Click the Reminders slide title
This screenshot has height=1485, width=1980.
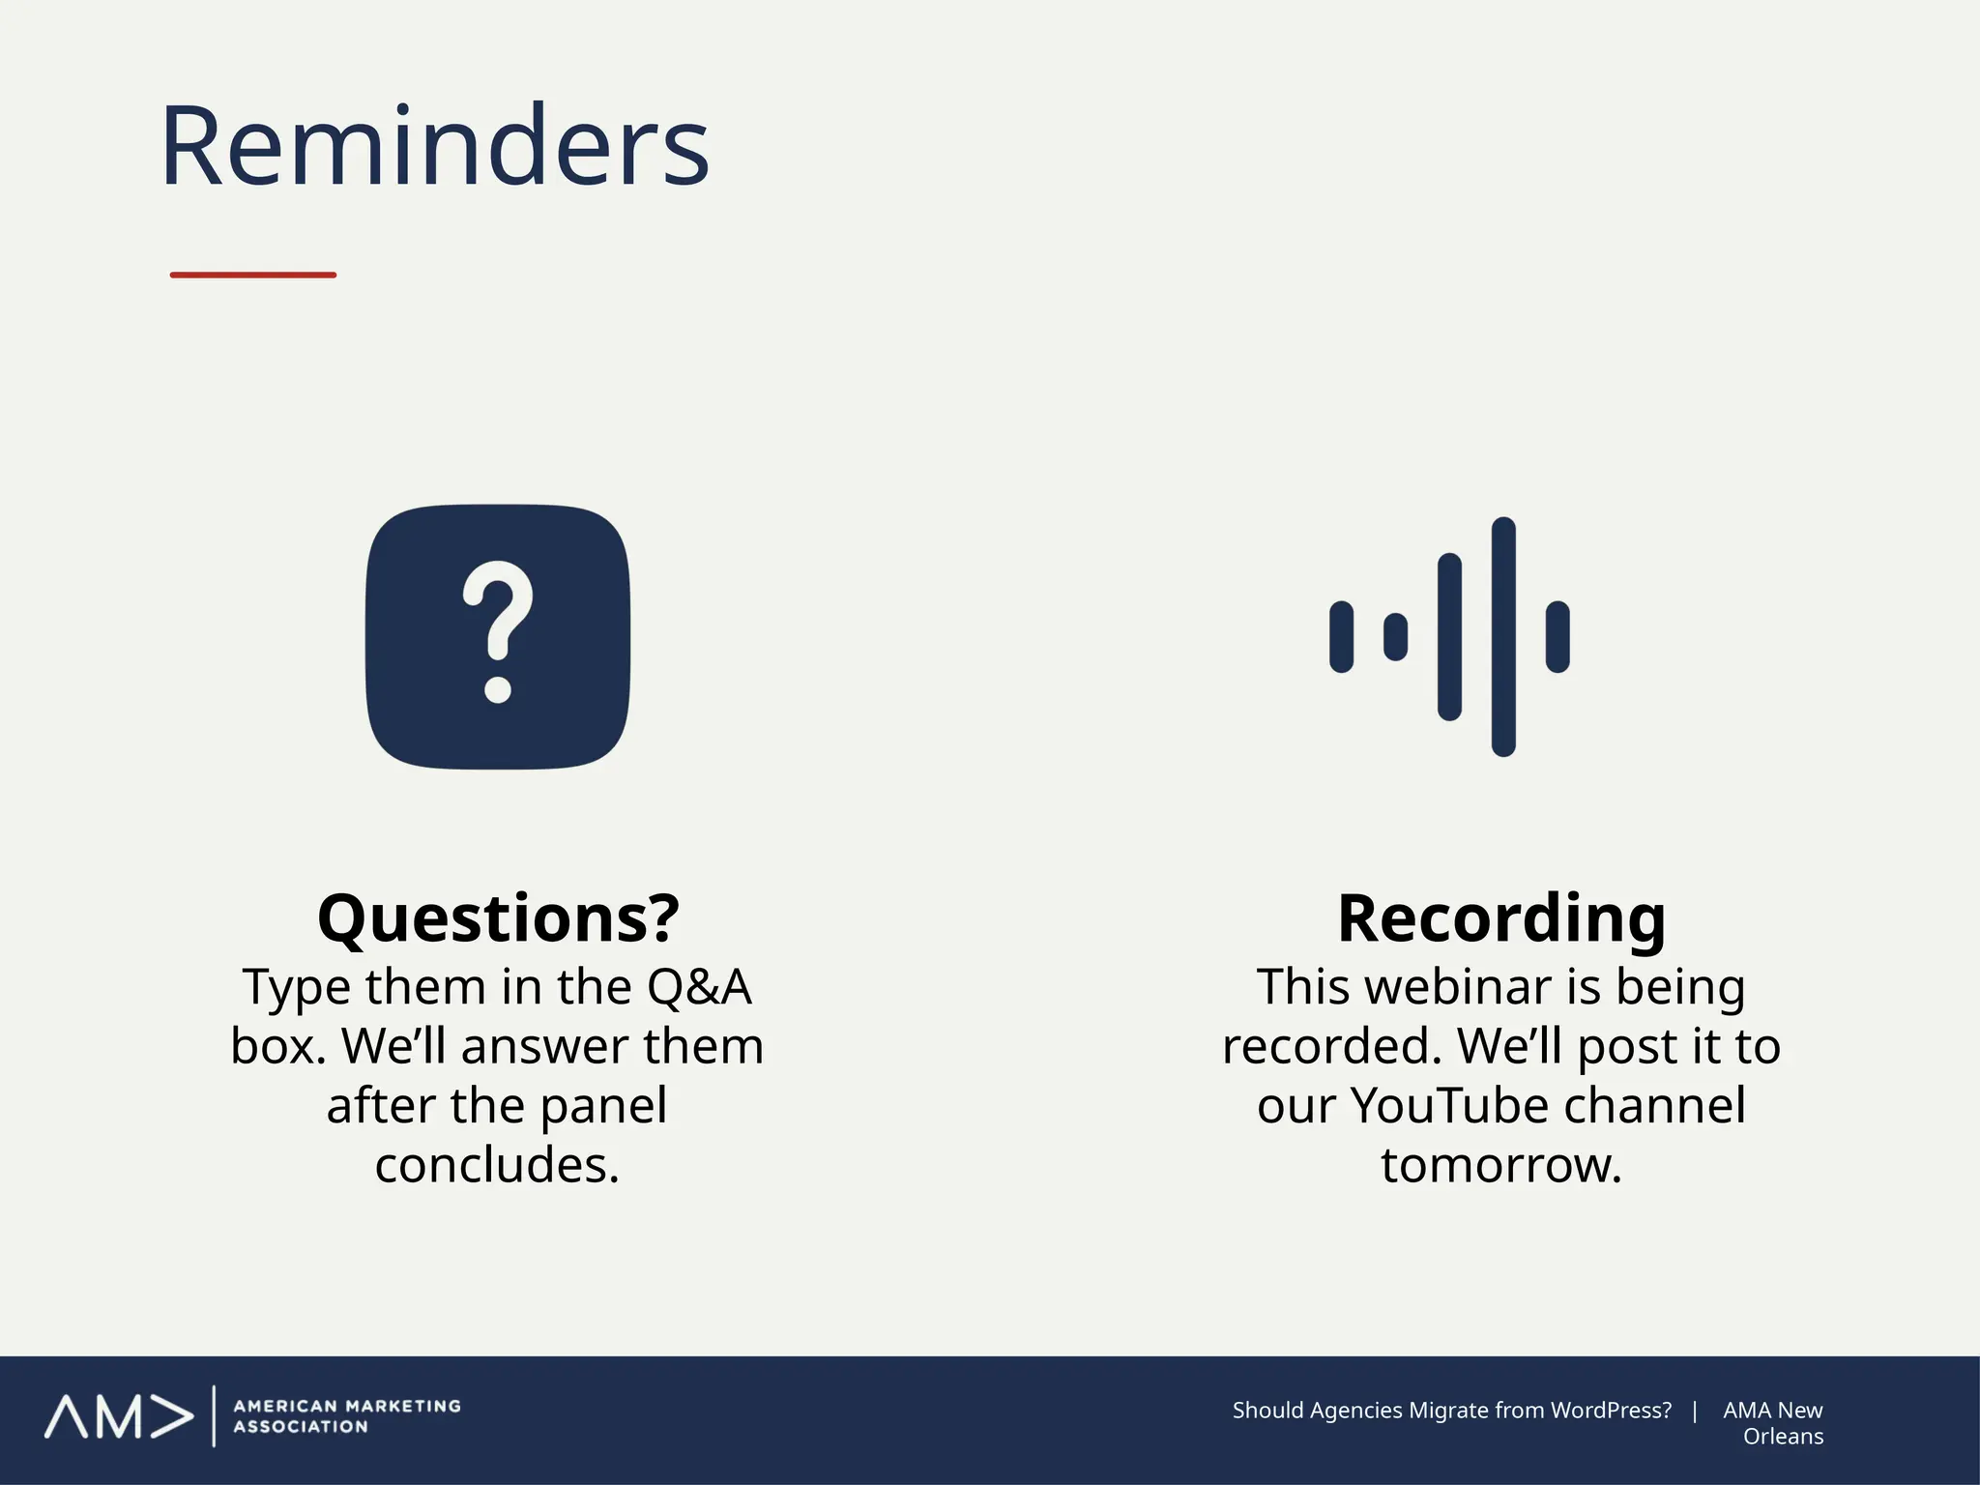pyautogui.click(x=435, y=147)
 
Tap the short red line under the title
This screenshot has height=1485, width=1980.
pyautogui.click(x=253, y=276)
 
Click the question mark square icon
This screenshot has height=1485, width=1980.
pyautogui.click(x=498, y=637)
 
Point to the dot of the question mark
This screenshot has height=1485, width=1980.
pyautogui.click(x=498, y=690)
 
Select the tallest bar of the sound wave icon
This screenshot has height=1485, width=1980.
pyautogui.click(x=1503, y=636)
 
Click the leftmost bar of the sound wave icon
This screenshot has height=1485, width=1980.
pyautogui.click(x=1341, y=636)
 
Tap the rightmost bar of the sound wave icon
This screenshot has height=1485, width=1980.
pyautogui.click(x=1558, y=636)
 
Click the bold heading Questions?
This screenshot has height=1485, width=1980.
pyautogui.click(x=498, y=918)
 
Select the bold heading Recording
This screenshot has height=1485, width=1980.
pyautogui.click(x=1501, y=918)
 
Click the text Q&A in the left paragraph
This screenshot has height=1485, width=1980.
pyautogui.click(x=699, y=988)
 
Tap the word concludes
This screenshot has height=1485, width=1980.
pyautogui.click(x=497, y=1165)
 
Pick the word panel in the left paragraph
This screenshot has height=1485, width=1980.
pyautogui.click(x=603, y=1106)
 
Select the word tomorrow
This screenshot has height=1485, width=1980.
pyautogui.click(x=1500, y=1165)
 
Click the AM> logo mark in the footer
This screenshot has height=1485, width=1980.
pyautogui.click(x=118, y=1417)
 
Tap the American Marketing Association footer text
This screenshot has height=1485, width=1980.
pyautogui.click(x=347, y=1416)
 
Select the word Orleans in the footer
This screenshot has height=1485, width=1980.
pyautogui.click(x=1783, y=1437)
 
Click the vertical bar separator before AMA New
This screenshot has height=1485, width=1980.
pyautogui.click(x=1695, y=1411)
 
